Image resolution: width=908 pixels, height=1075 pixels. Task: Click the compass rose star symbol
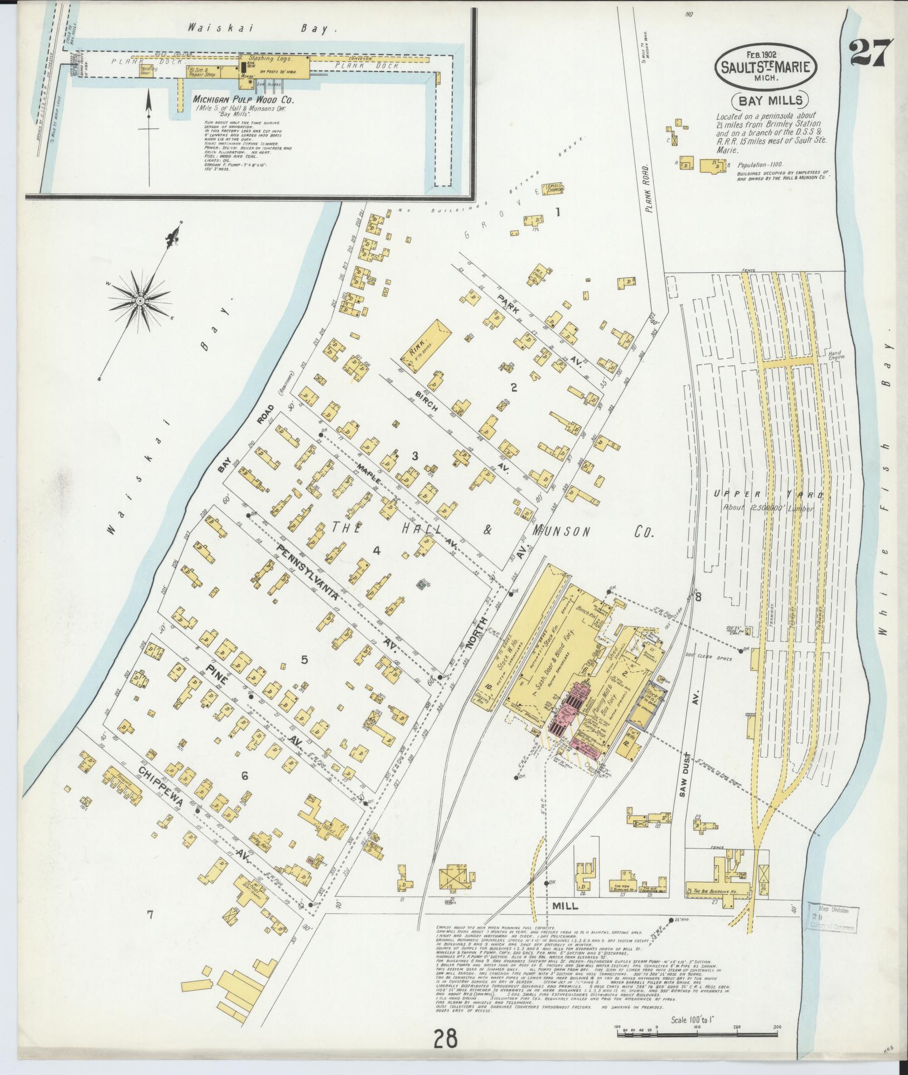tap(141, 302)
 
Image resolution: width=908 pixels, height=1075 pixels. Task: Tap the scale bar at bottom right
tap(697, 1034)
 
